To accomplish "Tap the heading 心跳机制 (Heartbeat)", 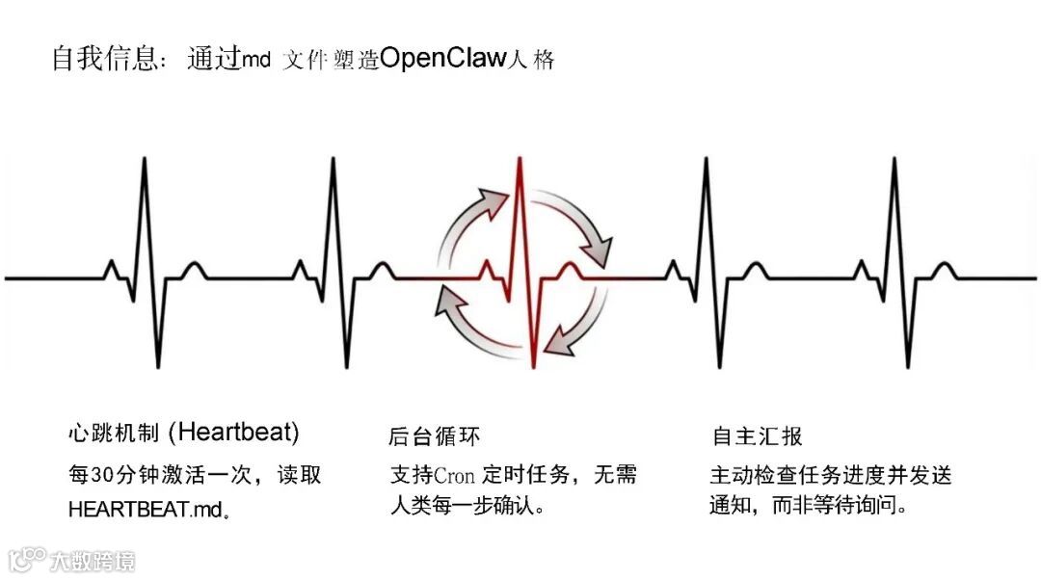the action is coord(183,433).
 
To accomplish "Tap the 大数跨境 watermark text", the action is coord(93,560).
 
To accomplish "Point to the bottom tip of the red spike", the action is coord(533,366).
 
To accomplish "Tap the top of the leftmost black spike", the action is coord(145,158).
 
